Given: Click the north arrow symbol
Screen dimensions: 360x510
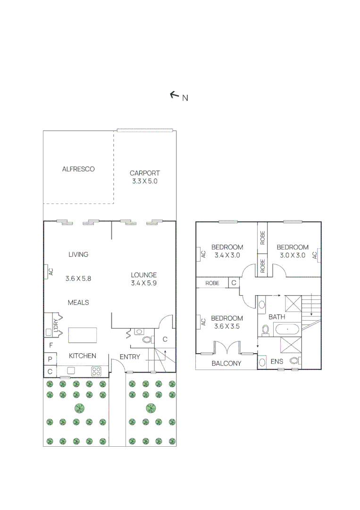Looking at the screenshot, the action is click(x=175, y=94).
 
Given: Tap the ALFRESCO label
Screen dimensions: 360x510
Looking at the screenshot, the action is click(x=78, y=169).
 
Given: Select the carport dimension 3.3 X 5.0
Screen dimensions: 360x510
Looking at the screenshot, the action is click(x=144, y=181).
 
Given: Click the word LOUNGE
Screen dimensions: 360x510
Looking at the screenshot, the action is click(x=143, y=275).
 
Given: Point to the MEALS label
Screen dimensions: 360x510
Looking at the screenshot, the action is click(x=78, y=303).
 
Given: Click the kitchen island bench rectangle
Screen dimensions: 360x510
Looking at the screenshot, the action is click(x=83, y=335).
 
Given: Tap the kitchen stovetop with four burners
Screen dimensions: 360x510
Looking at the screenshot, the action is click(x=96, y=371).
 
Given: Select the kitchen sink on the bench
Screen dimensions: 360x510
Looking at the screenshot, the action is click(x=71, y=371).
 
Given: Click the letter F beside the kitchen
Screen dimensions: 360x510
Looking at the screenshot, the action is click(x=50, y=345).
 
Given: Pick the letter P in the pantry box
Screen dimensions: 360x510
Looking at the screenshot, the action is click(x=50, y=359).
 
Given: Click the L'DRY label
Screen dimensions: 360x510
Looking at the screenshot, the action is click(x=56, y=325).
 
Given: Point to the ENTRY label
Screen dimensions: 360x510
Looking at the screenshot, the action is click(x=130, y=357).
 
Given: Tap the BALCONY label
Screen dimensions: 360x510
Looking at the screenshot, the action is click(x=226, y=363).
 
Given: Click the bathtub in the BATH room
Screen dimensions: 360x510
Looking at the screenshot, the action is click(x=287, y=330).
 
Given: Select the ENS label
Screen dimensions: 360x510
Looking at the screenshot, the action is click(x=277, y=361).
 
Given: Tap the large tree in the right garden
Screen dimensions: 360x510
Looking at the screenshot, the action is click(x=151, y=408).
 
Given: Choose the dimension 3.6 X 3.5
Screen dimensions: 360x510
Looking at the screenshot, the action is click(x=227, y=326).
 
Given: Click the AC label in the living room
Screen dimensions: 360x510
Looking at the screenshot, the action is click(x=50, y=272).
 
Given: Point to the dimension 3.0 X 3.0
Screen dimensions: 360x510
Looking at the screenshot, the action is click(x=293, y=255).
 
